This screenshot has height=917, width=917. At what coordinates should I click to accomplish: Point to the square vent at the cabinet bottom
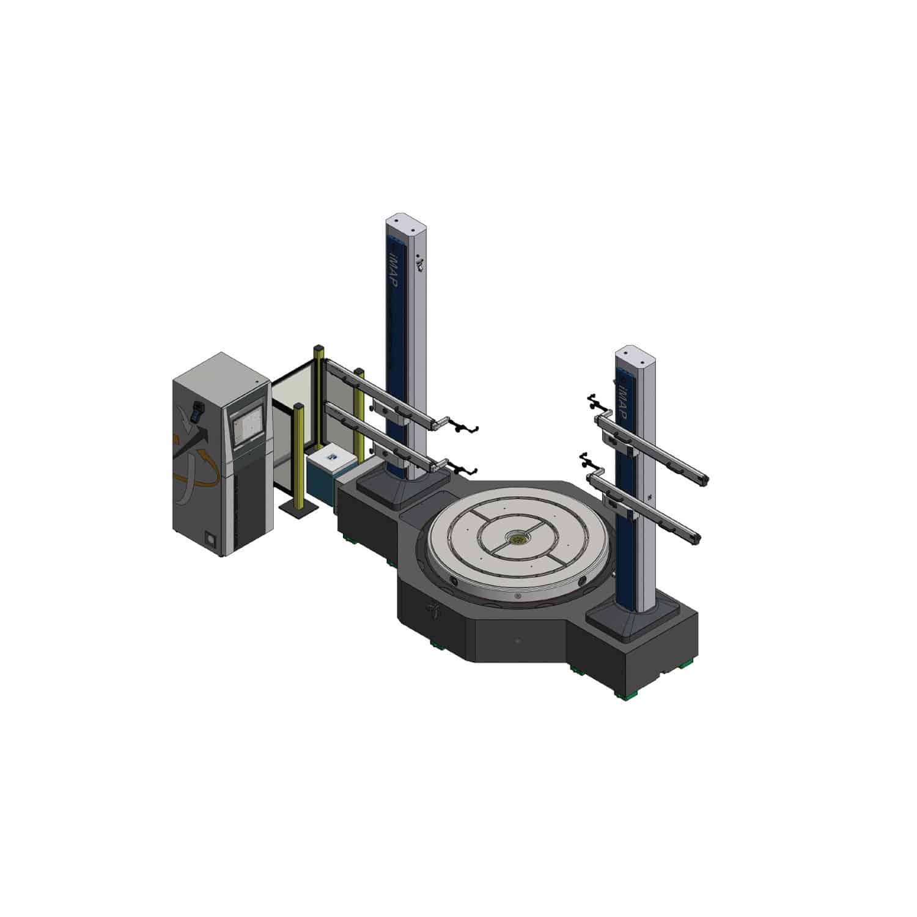212,541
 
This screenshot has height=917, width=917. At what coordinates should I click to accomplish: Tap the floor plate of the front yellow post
298,509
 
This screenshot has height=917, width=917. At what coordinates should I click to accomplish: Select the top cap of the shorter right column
633,353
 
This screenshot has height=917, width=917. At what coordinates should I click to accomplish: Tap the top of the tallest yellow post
318,348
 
